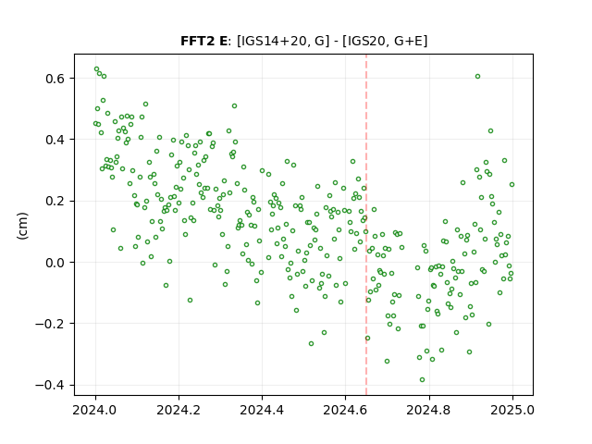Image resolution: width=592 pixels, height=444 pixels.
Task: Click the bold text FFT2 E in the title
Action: (203, 41)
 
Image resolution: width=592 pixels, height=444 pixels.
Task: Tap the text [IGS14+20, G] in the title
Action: (280, 41)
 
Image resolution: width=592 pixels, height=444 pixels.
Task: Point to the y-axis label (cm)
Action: (22, 226)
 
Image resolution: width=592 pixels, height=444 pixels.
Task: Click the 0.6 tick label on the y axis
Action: (55, 79)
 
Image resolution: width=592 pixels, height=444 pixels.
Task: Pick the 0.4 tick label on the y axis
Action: (55, 140)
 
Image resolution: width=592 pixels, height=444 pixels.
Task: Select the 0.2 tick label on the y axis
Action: (55, 201)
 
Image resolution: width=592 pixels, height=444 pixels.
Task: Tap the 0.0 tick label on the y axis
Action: (55, 263)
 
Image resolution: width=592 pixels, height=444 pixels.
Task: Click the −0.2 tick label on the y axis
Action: (51, 324)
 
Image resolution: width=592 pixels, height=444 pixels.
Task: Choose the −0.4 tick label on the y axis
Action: (51, 385)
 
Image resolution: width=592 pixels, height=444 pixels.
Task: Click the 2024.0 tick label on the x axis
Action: (95, 410)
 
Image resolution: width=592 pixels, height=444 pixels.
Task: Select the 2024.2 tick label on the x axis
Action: (179, 410)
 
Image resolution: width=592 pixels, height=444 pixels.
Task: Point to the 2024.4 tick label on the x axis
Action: (262, 410)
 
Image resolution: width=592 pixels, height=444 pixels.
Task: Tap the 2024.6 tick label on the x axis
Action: (345, 410)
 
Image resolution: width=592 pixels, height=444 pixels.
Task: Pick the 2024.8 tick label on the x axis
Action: (429, 410)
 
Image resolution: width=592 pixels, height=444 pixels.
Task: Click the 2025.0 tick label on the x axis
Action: (512, 410)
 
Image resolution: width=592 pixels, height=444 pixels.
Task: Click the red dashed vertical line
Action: (366, 225)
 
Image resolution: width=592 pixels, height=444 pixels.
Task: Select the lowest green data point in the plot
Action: (422, 379)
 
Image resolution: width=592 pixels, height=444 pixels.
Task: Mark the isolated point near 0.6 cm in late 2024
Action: (477, 76)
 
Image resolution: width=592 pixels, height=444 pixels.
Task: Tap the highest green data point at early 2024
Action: (96, 69)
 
